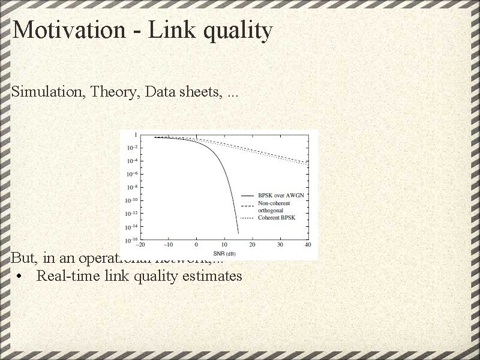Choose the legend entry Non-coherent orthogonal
click(x=274, y=207)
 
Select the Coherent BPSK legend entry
click(x=277, y=218)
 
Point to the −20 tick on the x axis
click(x=140, y=245)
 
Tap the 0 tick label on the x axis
click(x=196, y=245)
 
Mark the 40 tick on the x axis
click(x=308, y=245)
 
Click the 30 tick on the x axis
click(x=280, y=245)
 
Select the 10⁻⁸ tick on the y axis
click(x=131, y=187)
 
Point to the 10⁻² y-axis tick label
click(x=131, y=148)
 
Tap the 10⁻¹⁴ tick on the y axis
click(x=131, y=227)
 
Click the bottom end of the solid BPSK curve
click(x=238, y=233)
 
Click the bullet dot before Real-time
click(x=21, y=277)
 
